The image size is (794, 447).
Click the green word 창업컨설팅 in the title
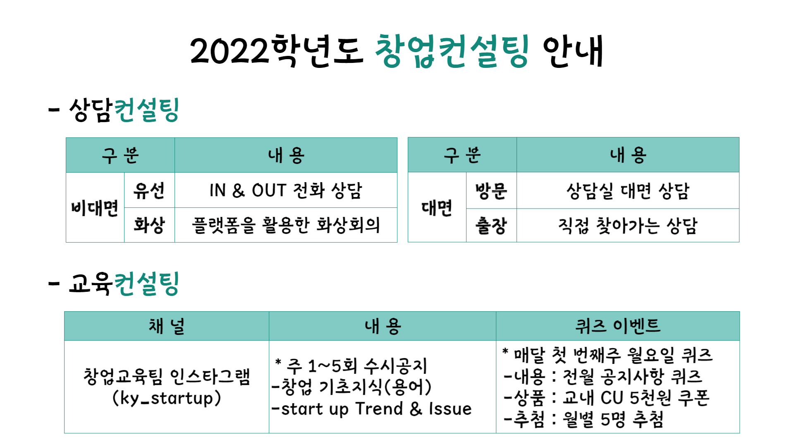pyautogui.click(x=452, y=52)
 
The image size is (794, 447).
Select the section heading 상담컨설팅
pyautogui.click(x=124, y=111)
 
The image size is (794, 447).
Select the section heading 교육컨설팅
pyautogui.click(x=124, y=284)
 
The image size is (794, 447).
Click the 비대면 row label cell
pyautogui.click(x=95, y=208)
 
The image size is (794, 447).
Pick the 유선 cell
pyautogui.click(x=149, y=191)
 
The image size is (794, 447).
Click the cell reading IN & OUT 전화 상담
pyautogui.click(x=286, y=191)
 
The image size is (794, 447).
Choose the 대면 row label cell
pyautogui.click(x=437, y=208)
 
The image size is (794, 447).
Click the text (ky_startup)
pyautogui.click(x=167, y=399)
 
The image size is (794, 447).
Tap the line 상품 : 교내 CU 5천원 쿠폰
pyautogui.click(x=607, y=398)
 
